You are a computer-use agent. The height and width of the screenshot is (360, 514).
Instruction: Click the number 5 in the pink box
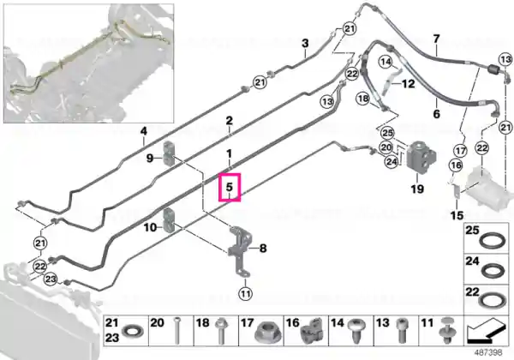click(x=229, y=187)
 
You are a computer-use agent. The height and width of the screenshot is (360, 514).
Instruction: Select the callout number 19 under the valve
click(x=417, y=189)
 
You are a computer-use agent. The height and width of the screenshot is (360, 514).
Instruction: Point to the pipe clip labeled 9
click(x=168, y=153)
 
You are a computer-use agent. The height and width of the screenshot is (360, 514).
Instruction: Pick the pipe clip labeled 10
click(x=169, y=220)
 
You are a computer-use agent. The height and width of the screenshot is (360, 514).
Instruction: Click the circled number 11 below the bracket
click(x=246, y=293)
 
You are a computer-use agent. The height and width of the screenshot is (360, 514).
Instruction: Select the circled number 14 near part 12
click(x=386, y=62)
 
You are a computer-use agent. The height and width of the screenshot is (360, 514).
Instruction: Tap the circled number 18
click(x=363, y=99)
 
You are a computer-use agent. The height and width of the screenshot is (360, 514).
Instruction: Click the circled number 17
click(x=461, y=151)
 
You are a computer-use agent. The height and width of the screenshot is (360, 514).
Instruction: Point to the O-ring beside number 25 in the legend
click(x=491, y=242)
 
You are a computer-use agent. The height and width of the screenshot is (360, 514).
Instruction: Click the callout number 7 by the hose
click(x=436, y=39)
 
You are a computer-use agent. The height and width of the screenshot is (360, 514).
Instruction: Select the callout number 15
click(x=457, y=215)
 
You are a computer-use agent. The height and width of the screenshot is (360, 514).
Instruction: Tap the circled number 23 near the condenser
click(x=51, y=279)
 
